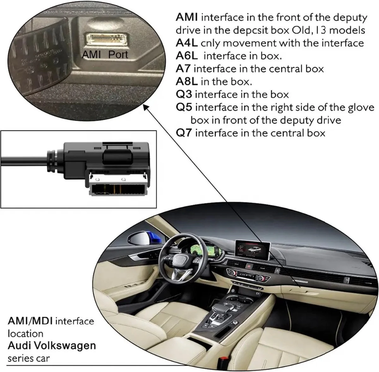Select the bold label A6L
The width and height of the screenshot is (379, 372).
187,56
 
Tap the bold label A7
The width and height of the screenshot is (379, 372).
184,69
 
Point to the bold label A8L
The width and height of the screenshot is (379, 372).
187,82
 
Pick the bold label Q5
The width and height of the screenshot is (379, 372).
184,107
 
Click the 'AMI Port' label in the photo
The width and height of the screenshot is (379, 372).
105,55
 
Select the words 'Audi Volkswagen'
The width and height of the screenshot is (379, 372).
51,345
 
